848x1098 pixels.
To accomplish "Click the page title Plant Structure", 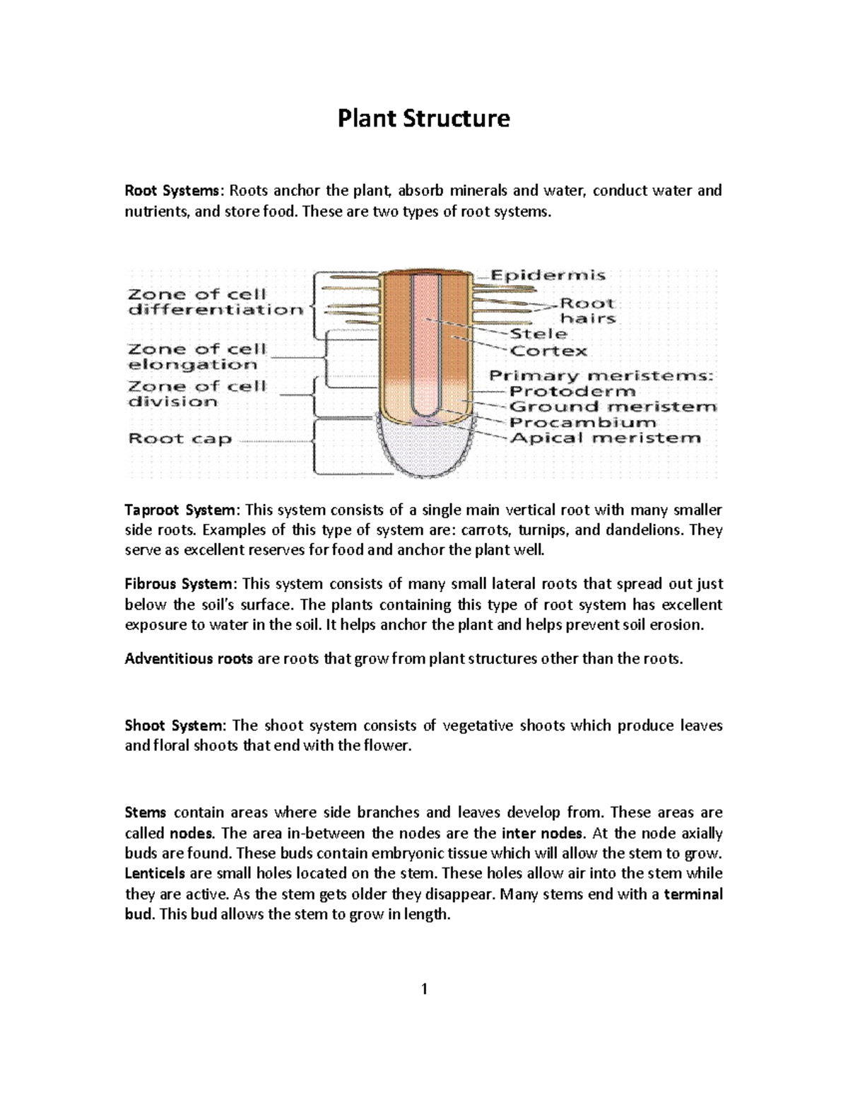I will click(x=423, y=118).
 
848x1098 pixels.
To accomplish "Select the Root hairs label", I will click(x=587, y=310).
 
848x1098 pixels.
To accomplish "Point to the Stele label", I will click(x=538, y=334).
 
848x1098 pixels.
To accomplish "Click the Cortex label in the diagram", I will click(x=548, y=351).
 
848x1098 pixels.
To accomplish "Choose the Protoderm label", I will click(x=572, y=391).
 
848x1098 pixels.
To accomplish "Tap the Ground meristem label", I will click(x=613, y=407).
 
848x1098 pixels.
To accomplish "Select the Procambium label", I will click(x=583, y=422).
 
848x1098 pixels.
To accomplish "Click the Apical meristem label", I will click(x=605, y=438).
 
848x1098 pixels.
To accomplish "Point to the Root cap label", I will click(x=179, y=439).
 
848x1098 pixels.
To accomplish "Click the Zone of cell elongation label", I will click(x=196, y=357).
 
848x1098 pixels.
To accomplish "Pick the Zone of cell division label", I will click(x=196, y=394).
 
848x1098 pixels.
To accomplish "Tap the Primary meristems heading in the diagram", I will click(x=601, y=375).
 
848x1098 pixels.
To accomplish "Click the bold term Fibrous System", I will click(x=177, y=584).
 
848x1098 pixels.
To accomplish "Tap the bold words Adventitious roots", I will click(x=189, y=659).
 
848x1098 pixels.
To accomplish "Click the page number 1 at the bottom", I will click(x=424, y=989).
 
